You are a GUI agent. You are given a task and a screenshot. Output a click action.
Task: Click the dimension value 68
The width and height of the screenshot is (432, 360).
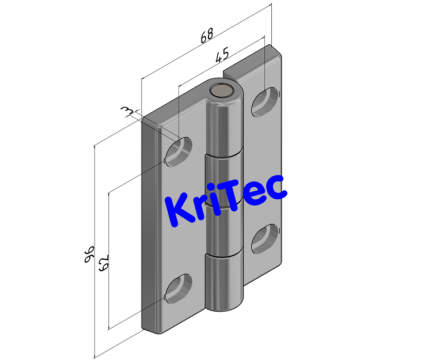click(x=206, y=36)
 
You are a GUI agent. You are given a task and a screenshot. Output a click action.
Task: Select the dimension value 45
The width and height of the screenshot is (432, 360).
click(x=222, y=55)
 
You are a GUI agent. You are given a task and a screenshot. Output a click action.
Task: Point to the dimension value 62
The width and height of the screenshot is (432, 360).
click(x=104, y=263)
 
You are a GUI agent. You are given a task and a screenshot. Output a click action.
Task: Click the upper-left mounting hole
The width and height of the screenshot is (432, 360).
click(x=179, y=151)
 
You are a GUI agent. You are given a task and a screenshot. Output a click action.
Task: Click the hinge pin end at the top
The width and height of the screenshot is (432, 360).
click(x=221, y=90)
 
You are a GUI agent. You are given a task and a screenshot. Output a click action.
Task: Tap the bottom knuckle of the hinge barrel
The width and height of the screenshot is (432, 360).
click(x=225, y=282)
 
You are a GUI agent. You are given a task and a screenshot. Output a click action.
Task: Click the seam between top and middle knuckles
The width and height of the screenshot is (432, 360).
click(x=225, y=157)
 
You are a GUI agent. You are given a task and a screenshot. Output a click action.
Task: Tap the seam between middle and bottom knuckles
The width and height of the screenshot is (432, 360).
click(x=225, y=255)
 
